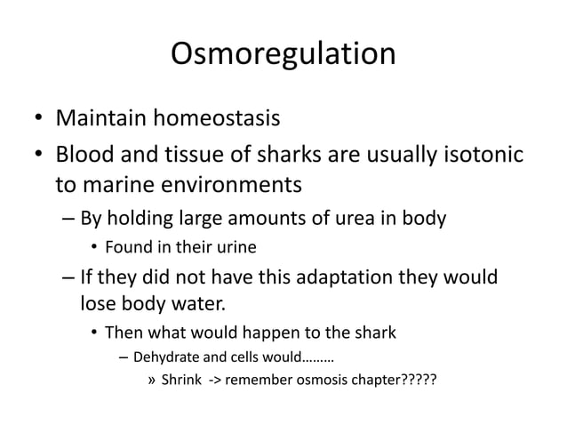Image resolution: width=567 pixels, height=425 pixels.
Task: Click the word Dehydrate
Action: [x=167, y=359]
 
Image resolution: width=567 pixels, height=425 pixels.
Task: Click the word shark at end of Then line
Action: [x=374, y=334]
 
